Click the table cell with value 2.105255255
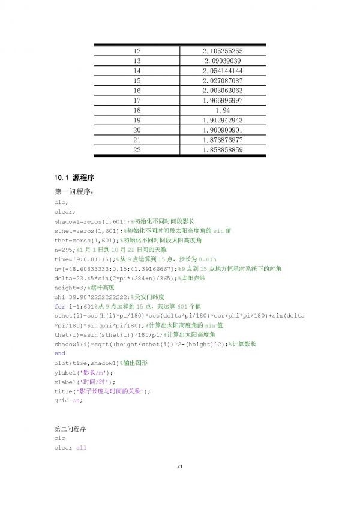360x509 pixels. point(223,52)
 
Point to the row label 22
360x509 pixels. point(137,149)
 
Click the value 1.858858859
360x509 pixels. point(223,149)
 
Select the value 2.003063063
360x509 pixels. point(223,91)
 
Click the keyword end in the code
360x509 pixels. point(59,354)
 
